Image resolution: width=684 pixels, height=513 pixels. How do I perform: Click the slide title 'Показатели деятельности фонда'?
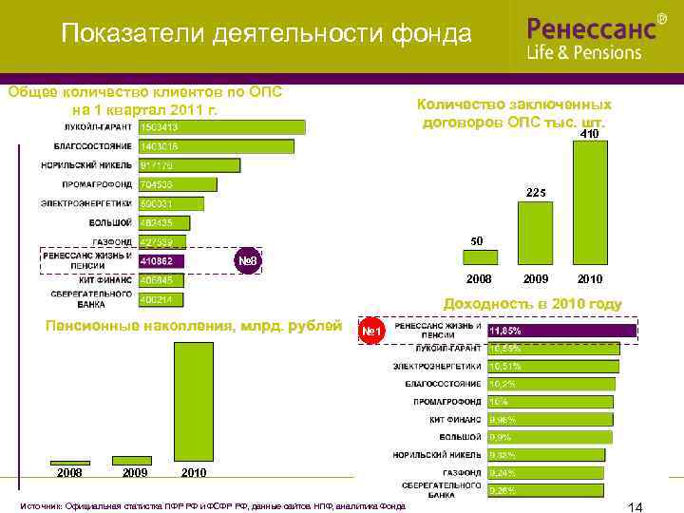tap(266, 35)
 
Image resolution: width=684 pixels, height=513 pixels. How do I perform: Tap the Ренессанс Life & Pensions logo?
tap(597, 38)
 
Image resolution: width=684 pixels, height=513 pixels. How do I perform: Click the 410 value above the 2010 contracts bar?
tap(589, 135)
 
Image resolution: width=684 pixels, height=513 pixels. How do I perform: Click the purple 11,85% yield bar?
tap(561, 332)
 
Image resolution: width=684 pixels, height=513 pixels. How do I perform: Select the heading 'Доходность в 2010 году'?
tap(533, 304)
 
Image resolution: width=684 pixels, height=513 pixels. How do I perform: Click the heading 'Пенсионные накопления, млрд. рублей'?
tap(194, 327)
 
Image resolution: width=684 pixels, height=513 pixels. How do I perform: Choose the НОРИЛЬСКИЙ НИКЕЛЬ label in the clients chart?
tap(93, 165)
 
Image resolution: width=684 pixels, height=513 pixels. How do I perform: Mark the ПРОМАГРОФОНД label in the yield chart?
tap(447, 402)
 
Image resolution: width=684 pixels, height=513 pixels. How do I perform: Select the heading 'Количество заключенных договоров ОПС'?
tap(514, 113)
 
